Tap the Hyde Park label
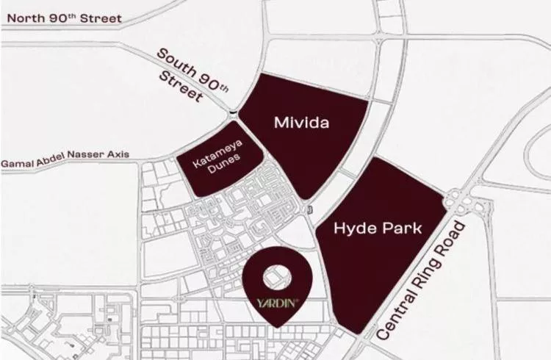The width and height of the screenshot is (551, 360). [x=378, y=228]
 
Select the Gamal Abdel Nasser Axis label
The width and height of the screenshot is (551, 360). [x=65, y=157]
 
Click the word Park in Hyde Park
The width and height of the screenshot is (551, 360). [x=402, y=228]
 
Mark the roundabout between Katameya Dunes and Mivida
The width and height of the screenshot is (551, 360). [x=233, y=113]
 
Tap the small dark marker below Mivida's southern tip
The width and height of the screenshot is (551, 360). [x=309, y=211]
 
